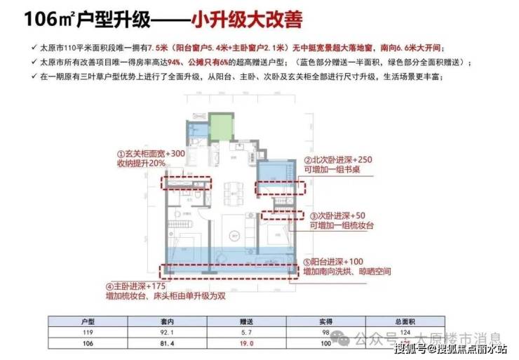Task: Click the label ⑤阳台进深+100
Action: (341, 261)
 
